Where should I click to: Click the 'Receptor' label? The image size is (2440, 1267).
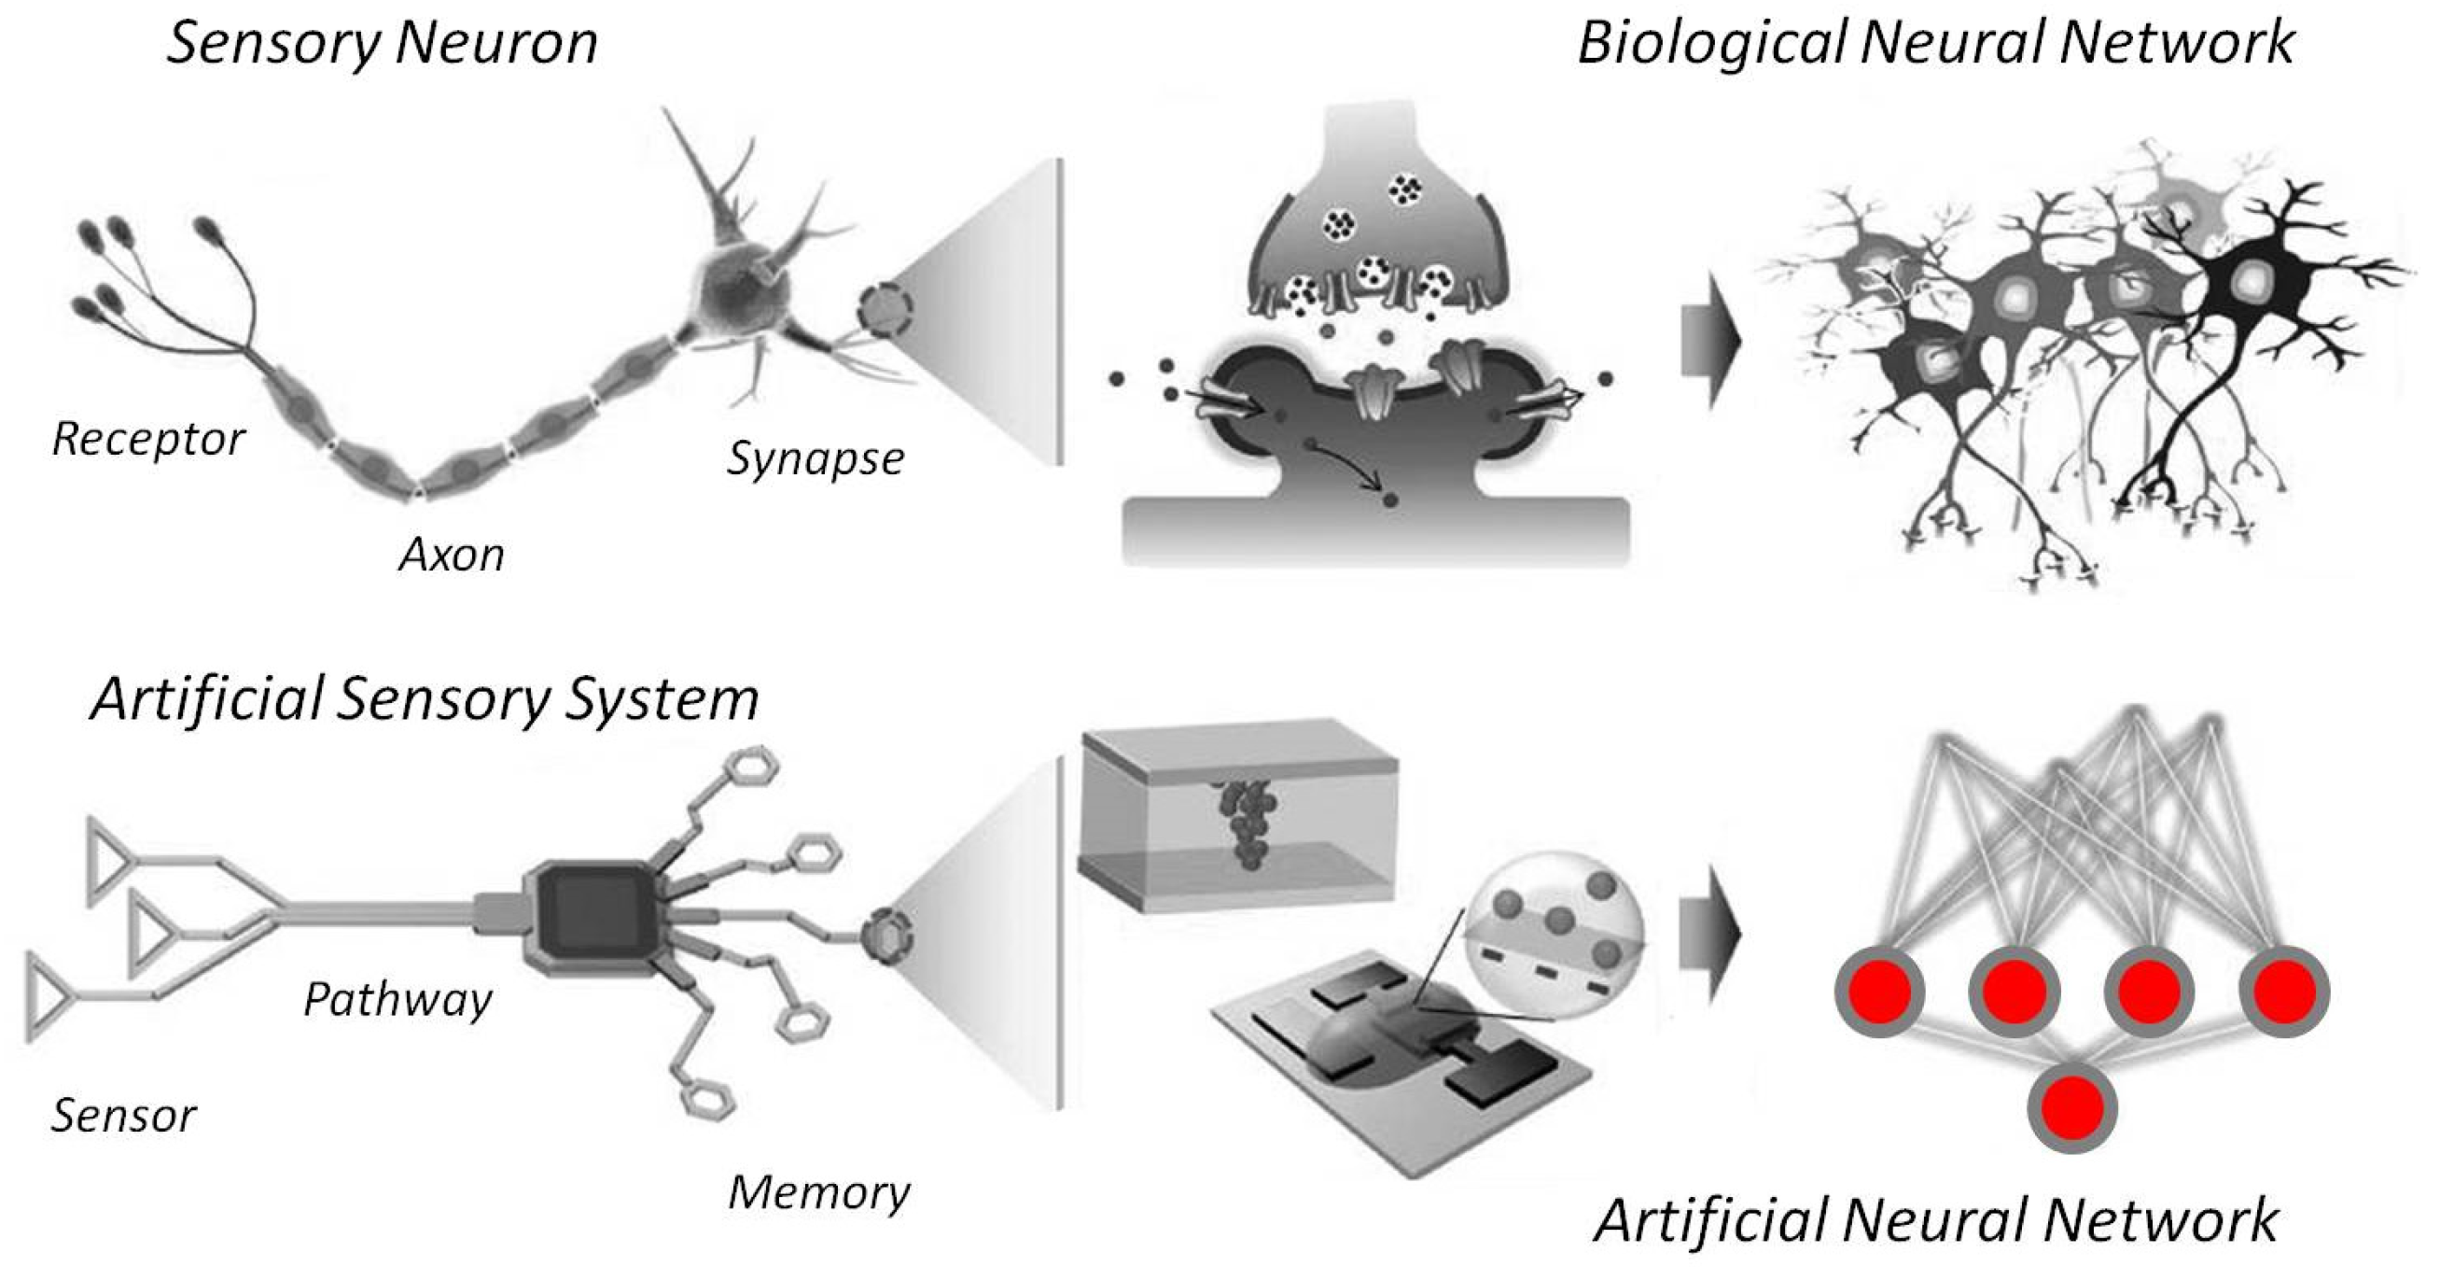click(x=147, y=439)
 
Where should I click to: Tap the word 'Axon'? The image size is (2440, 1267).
click(x=451, y=556)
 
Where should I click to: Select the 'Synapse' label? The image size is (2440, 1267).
click(x=815, y=458)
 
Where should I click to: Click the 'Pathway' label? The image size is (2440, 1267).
click(x=397, y=999)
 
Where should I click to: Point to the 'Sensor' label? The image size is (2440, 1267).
click(x=123, y=1116)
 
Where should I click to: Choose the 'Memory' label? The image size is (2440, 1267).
click(x=818, y=1192)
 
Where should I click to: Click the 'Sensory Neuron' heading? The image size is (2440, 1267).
click(x=382, y=44)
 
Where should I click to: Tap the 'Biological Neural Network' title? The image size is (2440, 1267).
click(x=1935, y=44)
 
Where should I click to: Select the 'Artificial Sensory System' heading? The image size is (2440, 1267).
click(x=425, y=699)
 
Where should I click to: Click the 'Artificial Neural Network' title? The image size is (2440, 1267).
click(x=1935, y=1219)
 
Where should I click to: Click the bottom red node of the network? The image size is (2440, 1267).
click(x=2071, y=1107)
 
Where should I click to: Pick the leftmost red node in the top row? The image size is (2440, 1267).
click(x=1879, y=992)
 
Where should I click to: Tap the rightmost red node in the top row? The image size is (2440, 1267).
click(x=2284, y=992)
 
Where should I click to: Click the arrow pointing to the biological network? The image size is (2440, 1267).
click(x=1709, y=341)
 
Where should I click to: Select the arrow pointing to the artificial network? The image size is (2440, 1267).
click(x=1709, y=934)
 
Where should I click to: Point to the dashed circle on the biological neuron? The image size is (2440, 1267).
click(x=885, y=310)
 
